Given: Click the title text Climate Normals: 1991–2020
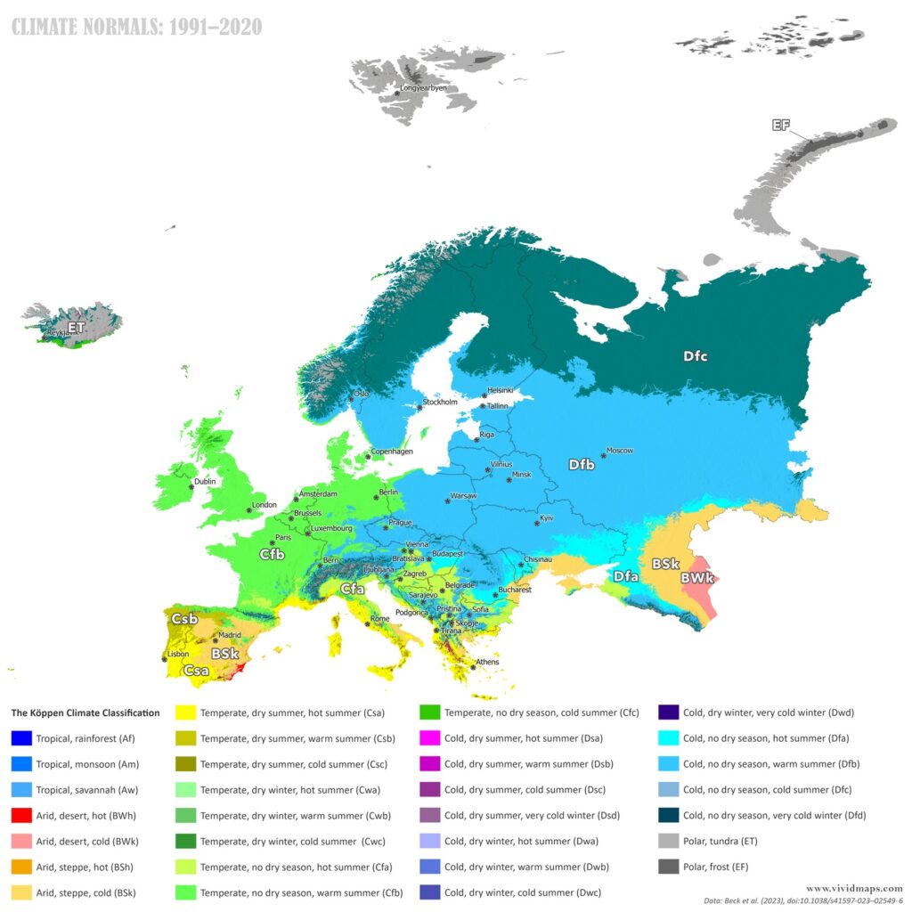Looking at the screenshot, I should [136, 28].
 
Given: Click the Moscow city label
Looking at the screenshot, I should [620, 451].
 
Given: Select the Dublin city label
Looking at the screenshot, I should [204, 483].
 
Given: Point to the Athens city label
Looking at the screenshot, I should [487, 662].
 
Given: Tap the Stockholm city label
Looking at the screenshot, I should [440, 402].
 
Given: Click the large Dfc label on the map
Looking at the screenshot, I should [696, 356].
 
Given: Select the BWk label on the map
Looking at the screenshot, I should [697, 578].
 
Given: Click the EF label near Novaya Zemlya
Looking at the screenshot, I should [781, 125].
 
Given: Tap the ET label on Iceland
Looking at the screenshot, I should [77, 328].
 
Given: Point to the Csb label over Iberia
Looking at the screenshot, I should [184, 618].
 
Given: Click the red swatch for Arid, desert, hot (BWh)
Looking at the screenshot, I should [21, 815].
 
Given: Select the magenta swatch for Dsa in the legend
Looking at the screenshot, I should [429, 738].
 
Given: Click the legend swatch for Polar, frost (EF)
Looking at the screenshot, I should [669, 866].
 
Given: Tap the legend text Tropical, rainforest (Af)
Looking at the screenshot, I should [85, 738].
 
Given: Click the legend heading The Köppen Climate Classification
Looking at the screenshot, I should [85, 712].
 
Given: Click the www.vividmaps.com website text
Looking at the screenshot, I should [854, 888].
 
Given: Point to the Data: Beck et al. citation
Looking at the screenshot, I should [818, 902].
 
